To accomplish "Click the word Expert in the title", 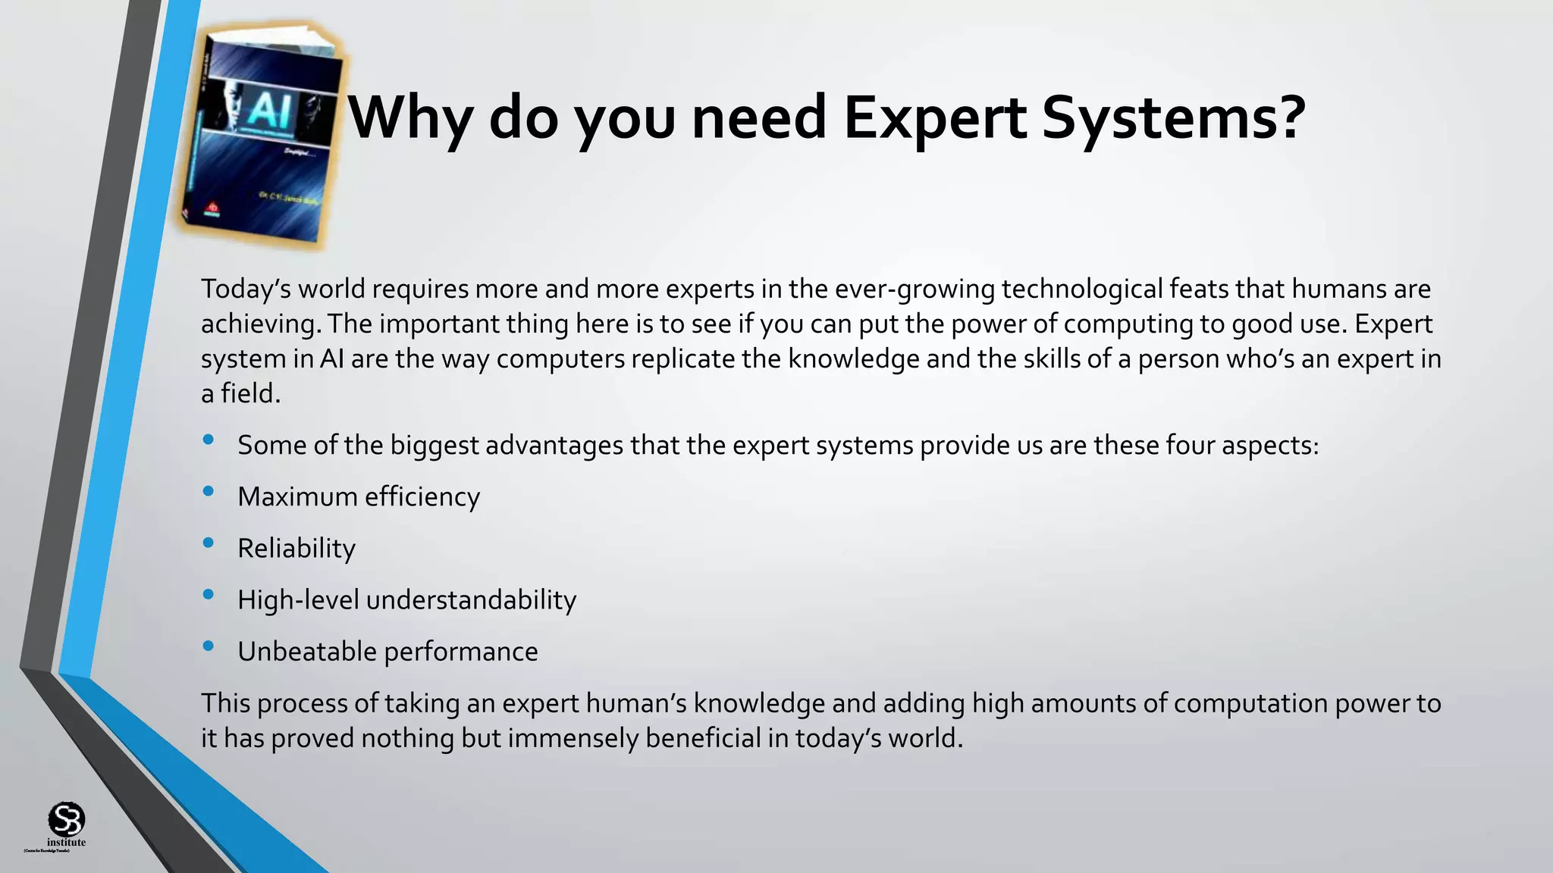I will pos(935,118).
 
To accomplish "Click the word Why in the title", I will pos(410,118).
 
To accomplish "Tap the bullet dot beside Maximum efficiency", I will pos(209,492).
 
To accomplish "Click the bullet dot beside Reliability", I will pos(209,543).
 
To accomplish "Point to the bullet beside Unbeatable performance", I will pos(209,646).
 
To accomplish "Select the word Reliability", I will pos(296,549).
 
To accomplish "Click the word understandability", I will pos(471,600).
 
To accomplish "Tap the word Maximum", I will pos(297,497).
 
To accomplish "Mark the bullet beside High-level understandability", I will pos(209,595).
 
